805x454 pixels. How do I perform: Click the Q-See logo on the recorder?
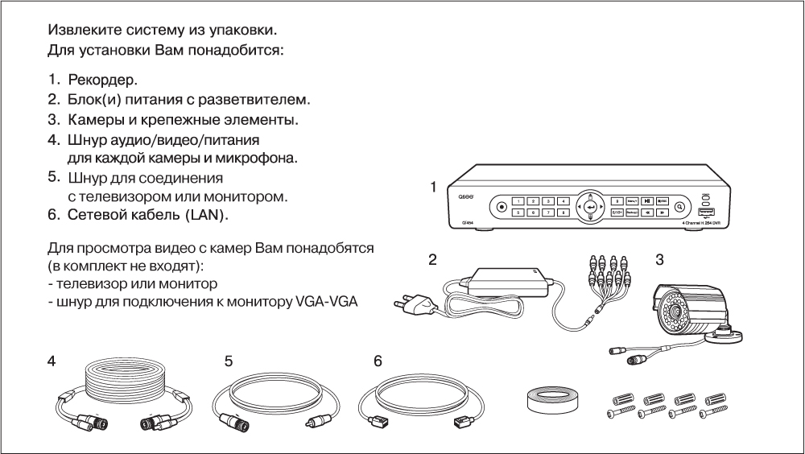tap(466, 196)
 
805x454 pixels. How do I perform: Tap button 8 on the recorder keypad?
tap(564, 213)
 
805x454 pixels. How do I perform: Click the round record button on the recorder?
tap(502, 206)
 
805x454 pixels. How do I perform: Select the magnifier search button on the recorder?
tap(680, 206)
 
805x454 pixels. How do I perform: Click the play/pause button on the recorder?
tap(634, 200)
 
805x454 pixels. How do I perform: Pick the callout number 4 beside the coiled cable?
tap(51, 361)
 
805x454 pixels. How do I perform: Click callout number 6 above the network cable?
tap(378, 361)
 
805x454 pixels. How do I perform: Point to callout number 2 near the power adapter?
tap(432, 260)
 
